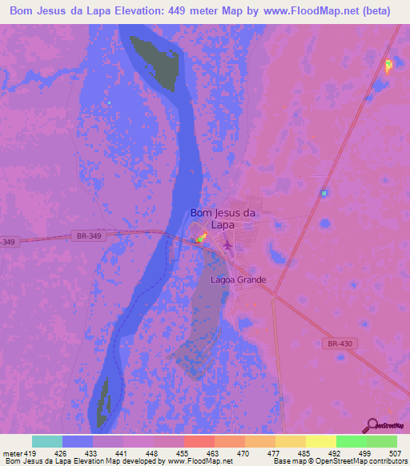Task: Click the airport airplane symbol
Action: (x=227, y=244)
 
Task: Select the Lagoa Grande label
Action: (x=238, y=280)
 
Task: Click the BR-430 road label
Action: (x=340, y=343)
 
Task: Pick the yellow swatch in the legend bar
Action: (x=320, y=441)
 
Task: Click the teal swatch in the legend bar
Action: (x=47, y=441)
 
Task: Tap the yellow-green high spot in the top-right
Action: (x=388, y=66)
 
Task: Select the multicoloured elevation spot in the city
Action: (x=202, y=239)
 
